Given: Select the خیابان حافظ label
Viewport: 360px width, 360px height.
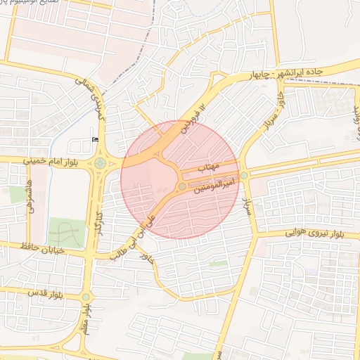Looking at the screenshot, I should point(44,248).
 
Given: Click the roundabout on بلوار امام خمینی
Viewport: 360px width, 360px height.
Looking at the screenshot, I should point(100,164).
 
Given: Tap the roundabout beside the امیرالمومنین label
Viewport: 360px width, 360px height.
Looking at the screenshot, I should point(182,186).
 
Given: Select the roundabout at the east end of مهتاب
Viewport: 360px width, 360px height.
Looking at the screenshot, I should point(244,175).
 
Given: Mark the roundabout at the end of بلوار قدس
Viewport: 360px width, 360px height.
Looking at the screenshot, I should point(86,297).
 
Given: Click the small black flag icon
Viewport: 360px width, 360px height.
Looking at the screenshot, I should point(95,140).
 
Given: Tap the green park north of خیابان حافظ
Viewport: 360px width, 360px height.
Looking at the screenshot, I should point(65,231).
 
